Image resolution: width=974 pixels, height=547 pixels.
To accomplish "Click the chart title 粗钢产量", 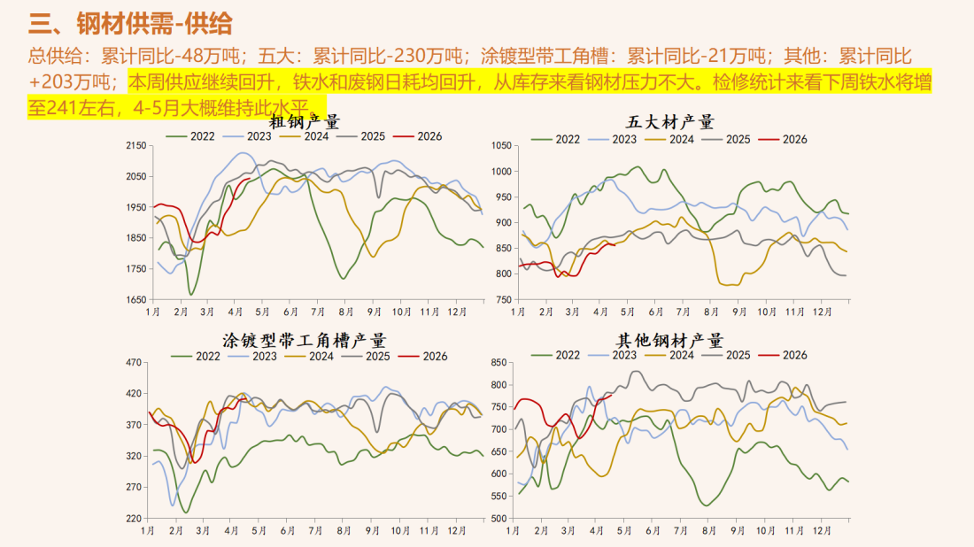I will (x=305, y=121).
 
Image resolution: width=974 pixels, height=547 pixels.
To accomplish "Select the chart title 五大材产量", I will (x=669, y=122).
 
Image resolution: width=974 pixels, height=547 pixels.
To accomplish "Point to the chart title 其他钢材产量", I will (x=669, y=341).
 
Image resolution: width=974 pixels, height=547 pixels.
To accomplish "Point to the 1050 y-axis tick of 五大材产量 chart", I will (x=500, y=145).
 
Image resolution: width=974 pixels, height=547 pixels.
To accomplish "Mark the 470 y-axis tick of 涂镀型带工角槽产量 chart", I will (x=135, y=362).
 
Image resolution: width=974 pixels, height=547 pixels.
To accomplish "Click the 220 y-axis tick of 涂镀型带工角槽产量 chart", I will (x=135, y=518).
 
